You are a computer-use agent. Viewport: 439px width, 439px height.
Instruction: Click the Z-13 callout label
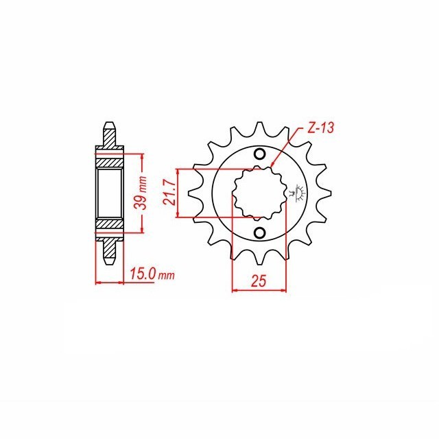pos(320,128)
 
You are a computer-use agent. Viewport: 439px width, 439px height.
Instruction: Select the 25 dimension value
pos(259,281)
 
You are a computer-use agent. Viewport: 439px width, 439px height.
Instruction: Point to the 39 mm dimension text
pos(141,193)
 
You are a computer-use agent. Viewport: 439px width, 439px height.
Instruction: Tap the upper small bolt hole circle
pos(259,154)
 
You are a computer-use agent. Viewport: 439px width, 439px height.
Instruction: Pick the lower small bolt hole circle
pos(259,233)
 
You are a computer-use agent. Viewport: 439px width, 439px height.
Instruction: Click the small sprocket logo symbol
pos(297,193)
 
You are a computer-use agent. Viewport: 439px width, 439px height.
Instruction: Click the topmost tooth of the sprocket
pos(259,128)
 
